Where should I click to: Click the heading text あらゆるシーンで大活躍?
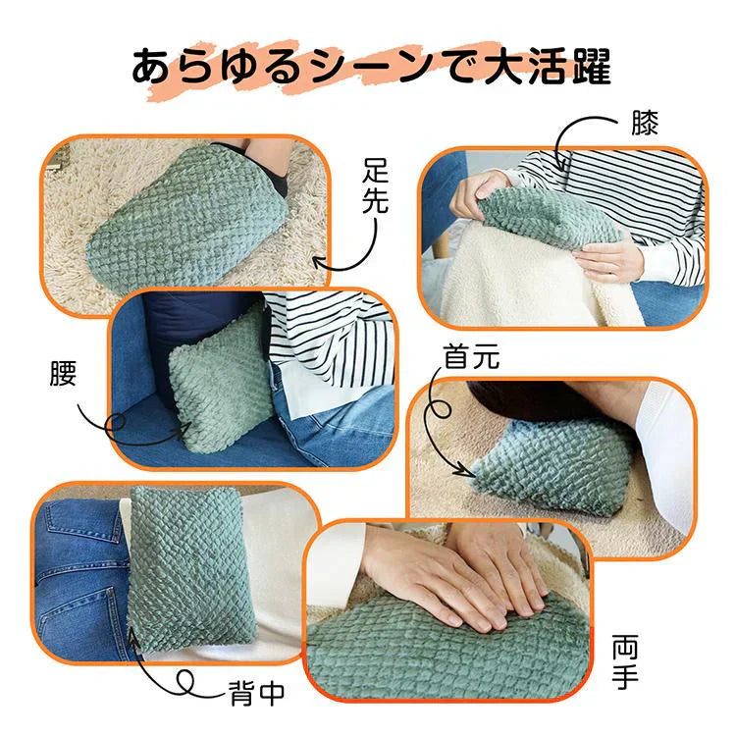[x=371, y=68]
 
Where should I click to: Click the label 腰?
[x=62, y=374]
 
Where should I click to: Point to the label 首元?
[x=471, y=357]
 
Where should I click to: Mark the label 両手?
[x=624, y=662]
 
